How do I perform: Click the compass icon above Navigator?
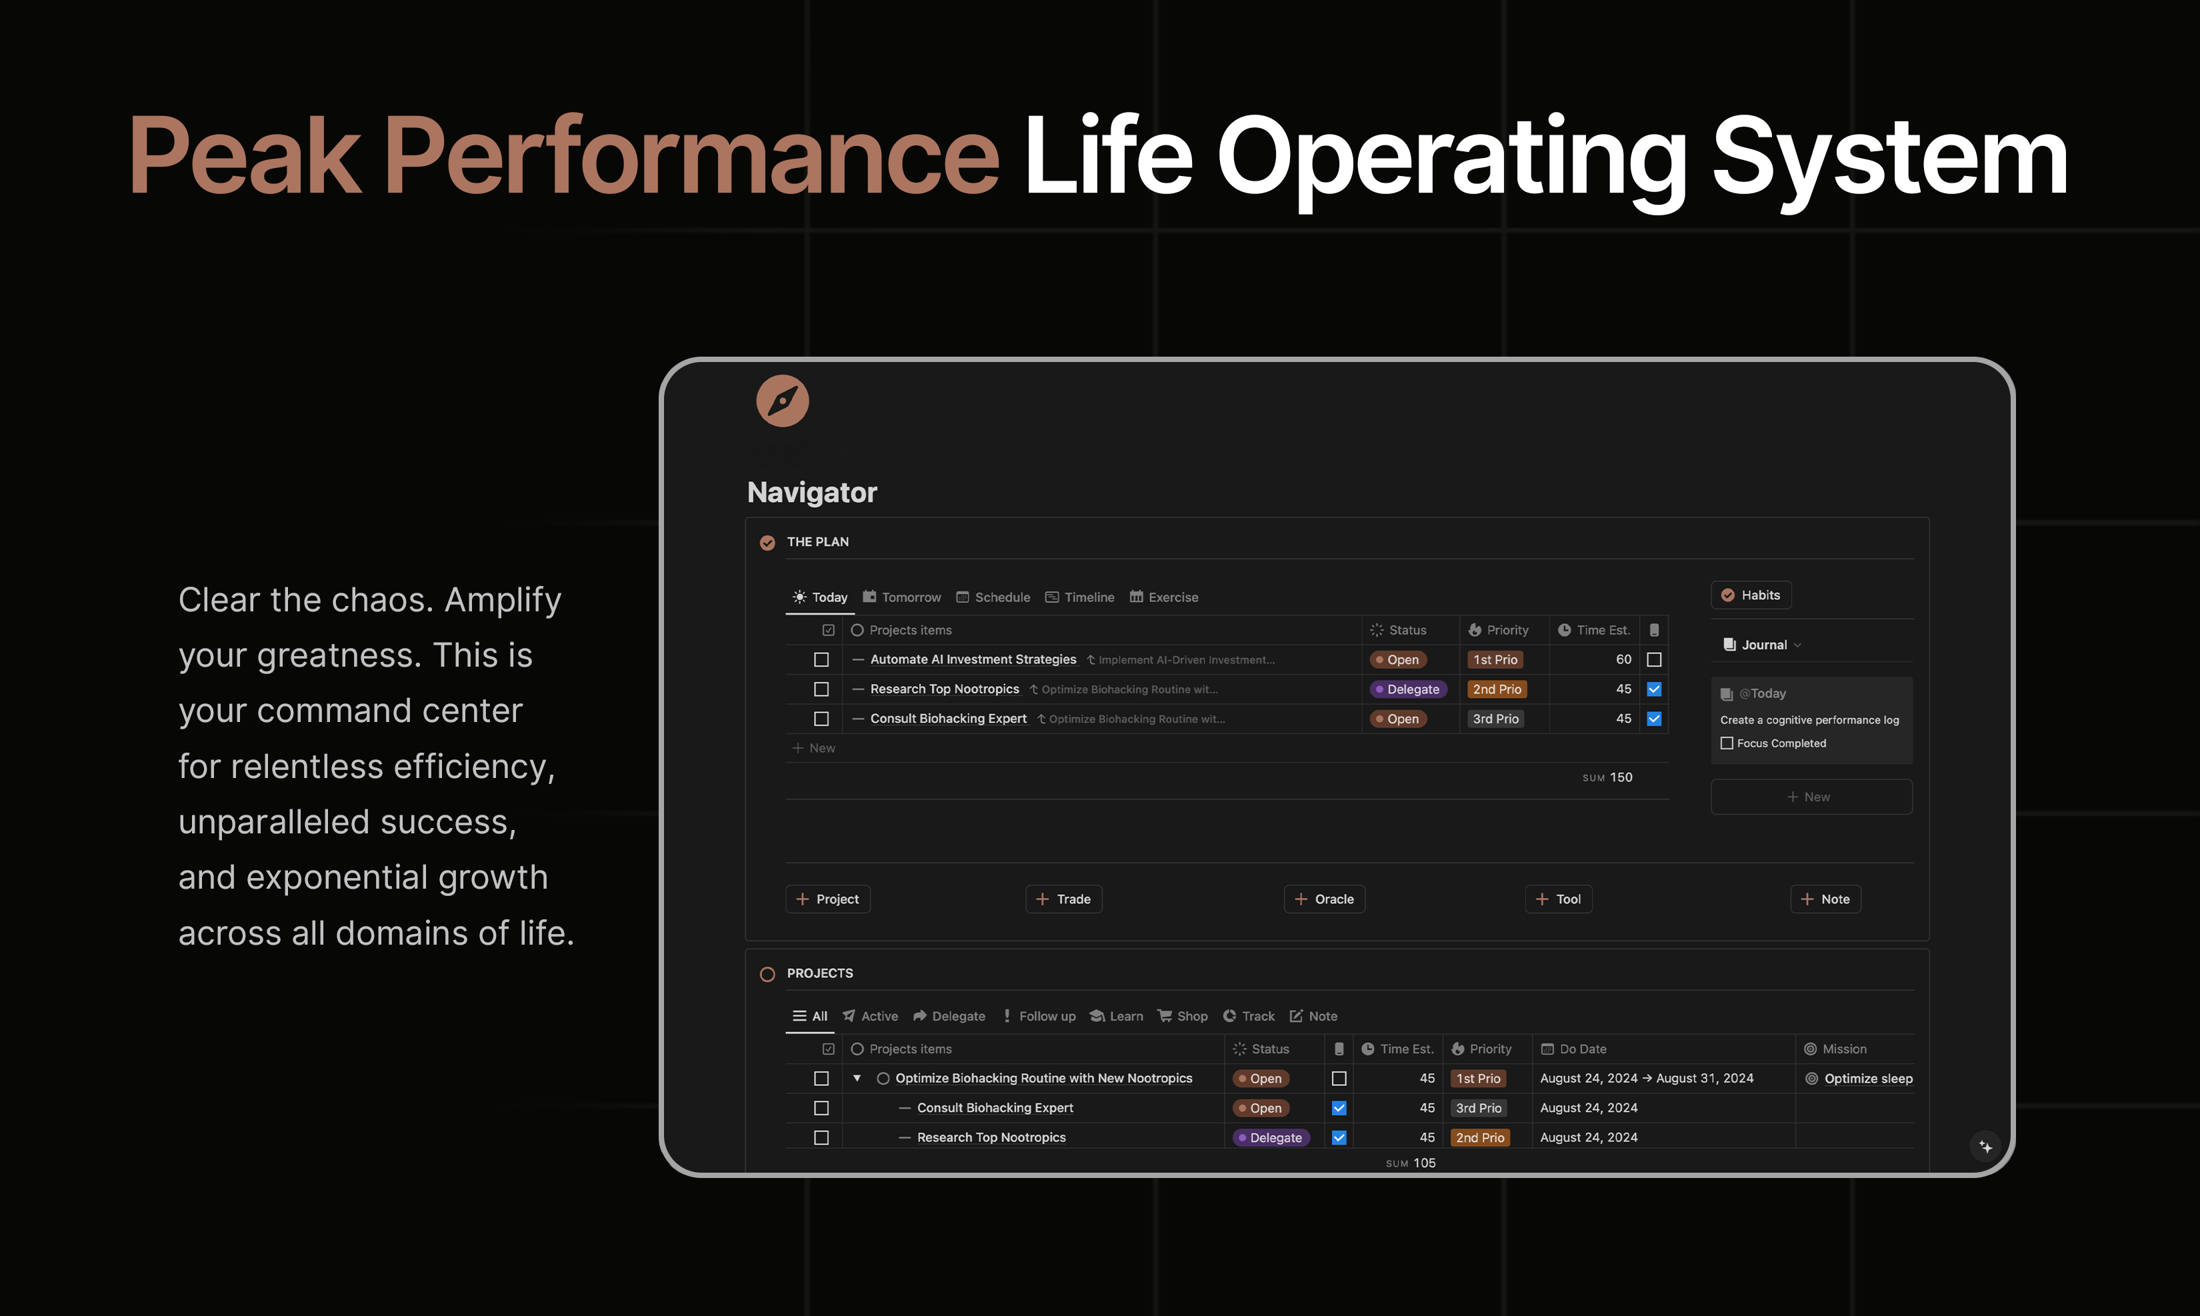click(782, 401)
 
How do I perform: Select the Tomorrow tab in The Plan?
click(902, 597)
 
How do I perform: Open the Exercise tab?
click(1163, 597)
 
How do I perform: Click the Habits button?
click(1751, 595)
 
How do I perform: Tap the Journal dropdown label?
click(1762, 645)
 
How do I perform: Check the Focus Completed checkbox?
click(1727, 743)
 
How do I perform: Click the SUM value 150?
click(1621, 777)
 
